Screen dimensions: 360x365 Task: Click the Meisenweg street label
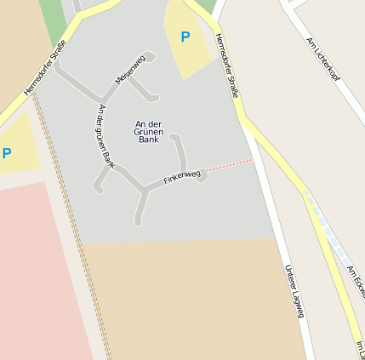130,70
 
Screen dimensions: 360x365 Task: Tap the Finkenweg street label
182,178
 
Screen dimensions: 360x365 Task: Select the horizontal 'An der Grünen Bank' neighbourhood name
147,131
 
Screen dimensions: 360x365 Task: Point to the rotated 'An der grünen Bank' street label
106,135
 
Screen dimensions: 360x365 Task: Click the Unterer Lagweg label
294,291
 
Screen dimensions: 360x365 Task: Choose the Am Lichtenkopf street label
322,58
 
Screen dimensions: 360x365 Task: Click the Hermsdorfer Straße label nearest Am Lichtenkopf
225,66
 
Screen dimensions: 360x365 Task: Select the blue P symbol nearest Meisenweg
185,37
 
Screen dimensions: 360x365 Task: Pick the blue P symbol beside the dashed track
7,153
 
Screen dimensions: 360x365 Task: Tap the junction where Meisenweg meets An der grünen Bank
104,99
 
